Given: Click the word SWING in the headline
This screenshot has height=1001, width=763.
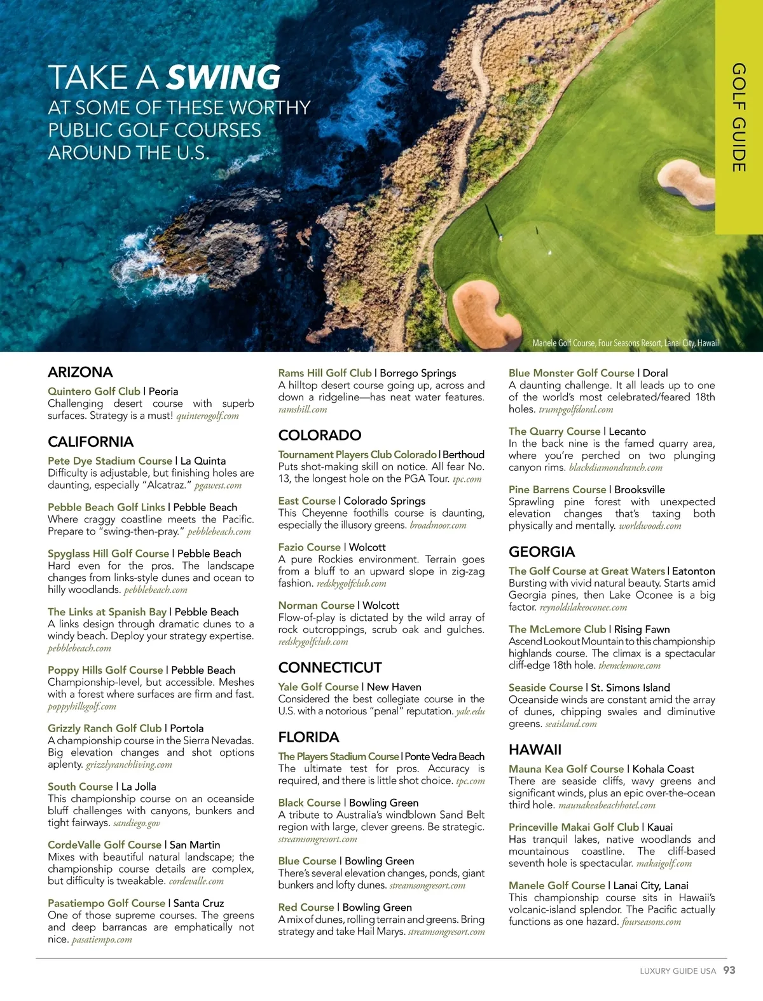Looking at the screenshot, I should coord(223,78).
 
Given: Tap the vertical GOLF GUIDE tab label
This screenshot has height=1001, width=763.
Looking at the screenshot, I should coord(738,118).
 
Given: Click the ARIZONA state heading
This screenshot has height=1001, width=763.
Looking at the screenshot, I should coord(80,372).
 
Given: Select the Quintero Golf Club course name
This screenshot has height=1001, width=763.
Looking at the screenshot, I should coord(94,392).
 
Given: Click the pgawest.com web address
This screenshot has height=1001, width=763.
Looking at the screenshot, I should coord(218,486).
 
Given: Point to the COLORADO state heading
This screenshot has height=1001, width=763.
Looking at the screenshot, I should coord(320,435).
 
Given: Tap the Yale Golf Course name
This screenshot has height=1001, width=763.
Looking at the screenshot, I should coord(319,687).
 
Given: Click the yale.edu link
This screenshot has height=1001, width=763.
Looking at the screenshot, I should coord(470,712).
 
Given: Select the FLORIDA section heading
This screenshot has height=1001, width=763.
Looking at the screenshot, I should coord(308,737).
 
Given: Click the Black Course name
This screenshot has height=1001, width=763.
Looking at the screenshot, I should coord(310,803).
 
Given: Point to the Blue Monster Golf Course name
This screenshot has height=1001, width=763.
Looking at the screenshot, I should coord(572,373).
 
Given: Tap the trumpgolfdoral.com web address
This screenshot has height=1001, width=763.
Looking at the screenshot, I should coord(576,410).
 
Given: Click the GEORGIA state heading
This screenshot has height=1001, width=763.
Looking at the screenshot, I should coord(542,552).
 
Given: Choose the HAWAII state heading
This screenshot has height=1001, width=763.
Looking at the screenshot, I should coord(535,750).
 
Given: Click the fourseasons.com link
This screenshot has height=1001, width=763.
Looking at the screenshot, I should coord(651,922).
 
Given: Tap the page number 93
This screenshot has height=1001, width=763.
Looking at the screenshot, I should coord(729,970).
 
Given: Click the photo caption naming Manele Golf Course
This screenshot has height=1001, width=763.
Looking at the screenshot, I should coord(626,343).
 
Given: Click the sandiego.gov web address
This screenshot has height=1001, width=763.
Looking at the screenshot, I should coord(137,823).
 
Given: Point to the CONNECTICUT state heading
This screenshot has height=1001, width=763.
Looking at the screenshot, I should coord(330,668).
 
